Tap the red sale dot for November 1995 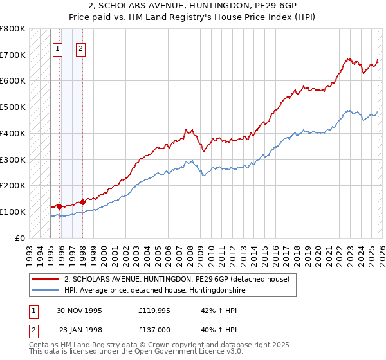60,206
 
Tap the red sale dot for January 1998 83,202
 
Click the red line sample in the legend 45,279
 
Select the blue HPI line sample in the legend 45,290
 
